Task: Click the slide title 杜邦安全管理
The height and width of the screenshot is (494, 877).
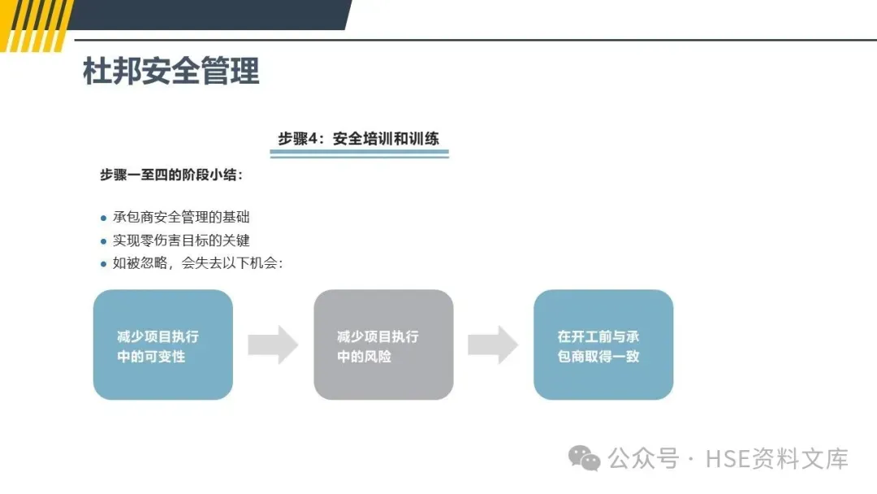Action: (x=171, y=71)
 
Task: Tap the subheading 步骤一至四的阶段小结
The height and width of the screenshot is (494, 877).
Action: (x=171, y=175)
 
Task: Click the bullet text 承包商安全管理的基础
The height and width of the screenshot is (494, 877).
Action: (x=181, y=217)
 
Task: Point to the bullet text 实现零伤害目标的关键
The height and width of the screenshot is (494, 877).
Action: (x=181, y=240)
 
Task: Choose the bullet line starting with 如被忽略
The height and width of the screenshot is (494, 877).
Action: (x=197, y=263)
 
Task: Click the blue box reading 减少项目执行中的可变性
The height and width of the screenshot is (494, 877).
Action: (x=163, y=345)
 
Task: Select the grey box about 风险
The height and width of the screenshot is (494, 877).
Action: (x=383, y=345)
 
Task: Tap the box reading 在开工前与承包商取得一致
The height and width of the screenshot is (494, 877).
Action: (x=603, y=345)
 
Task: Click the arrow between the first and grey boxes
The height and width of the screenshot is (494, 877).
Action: (x=273, y=344)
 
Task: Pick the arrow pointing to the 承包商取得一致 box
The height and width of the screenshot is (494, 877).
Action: (x=493, y=344)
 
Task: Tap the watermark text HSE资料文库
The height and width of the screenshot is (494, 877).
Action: (x=777, y=458)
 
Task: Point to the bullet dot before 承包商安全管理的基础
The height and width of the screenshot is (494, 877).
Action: (x=103, y=218)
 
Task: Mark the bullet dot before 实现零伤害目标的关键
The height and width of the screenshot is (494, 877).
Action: (x=103, y=241)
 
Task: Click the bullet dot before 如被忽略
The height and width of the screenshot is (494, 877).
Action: (x=103, y=264)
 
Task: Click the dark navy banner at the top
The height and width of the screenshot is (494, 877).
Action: (x=211, y=15)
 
